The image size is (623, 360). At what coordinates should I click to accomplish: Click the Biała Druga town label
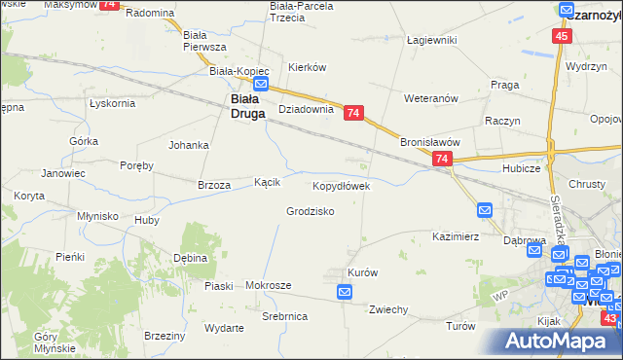coord(243,104)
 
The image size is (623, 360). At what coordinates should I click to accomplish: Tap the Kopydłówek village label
coord(341,185)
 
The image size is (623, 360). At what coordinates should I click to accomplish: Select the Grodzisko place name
coord(311,211)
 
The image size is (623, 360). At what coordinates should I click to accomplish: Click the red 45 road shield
coord(562,36)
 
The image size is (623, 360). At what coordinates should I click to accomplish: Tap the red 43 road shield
coord(609,318)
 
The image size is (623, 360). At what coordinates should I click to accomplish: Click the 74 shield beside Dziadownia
coord(353,114)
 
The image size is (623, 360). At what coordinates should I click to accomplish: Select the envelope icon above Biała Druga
coord(260,84)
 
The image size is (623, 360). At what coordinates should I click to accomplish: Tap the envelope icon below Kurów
coord(345,291)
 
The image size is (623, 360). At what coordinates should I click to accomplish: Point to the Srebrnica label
coord(285,317)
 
